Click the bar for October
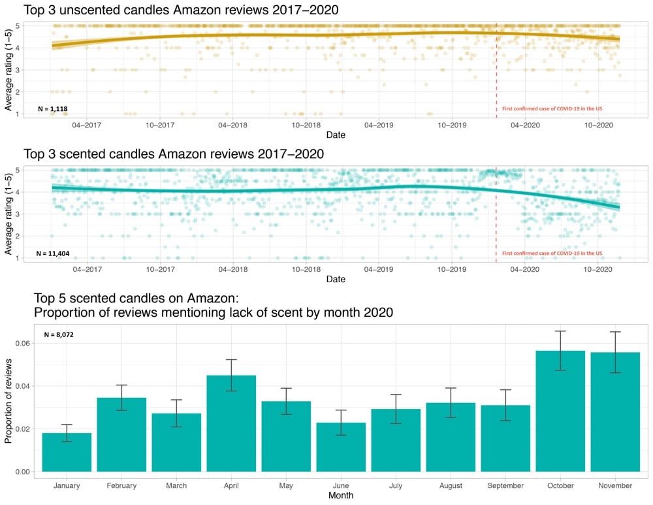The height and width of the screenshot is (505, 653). point(560,411)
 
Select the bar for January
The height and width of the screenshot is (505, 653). point(67,452)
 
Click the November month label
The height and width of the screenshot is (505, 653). point(615,485)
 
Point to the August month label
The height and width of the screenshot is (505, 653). point(451,485)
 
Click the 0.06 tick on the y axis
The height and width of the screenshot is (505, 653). point(22,343)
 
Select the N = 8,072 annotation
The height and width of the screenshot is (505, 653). point(63,334)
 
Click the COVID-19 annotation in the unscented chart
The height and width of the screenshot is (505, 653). point(552,108)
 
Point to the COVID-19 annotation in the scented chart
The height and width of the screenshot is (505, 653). point(552,253)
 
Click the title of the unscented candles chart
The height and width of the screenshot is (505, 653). point(181,10)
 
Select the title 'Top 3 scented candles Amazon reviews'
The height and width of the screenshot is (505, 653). point(174,154)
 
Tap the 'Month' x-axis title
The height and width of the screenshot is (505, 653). point(341,496)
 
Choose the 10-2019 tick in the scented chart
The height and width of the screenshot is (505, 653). point(451,269)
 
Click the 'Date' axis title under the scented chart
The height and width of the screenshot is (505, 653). point(336,279)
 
